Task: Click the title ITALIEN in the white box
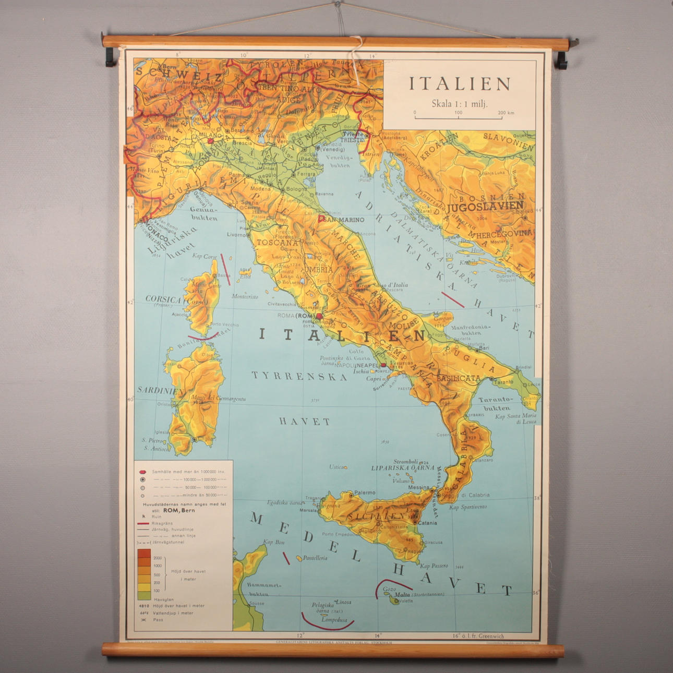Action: pyautogui.click(x=459, y=84)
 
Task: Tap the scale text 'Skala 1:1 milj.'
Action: pyautogui.click(x=459, y=103)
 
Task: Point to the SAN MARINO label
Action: pyautogui.click(x=344, y=220)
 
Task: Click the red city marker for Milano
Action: pyautogui.click(x=210, y=140)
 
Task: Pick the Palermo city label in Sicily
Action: pyautogui.click(x=365, y=492)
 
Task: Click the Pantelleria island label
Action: pyautogui.click(x=315, y=558)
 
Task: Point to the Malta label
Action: pyautogui.click(x=402, y=594)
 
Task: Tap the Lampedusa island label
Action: pyautogui.click(x=334, y=620)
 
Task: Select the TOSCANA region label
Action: pyautogui.click(x=278, y=243)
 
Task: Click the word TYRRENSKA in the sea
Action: pyautogui.click(x=299, y=376)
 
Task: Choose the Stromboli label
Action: pyautogui.click(x=405, y=462)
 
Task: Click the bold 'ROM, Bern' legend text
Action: pyautogui.click(x=179, y=511)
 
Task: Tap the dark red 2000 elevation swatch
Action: pyautogui.click(x=144, y=554)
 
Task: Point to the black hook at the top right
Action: pyautogui.click(x=561, y=58)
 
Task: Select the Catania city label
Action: pyautogui.click(x=427, y=522)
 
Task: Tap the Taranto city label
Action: pyautogui.click(x=503, y=382)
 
